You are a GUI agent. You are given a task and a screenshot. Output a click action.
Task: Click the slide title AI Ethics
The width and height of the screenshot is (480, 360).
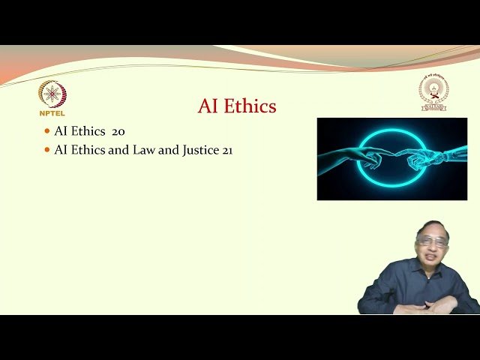[237, 106]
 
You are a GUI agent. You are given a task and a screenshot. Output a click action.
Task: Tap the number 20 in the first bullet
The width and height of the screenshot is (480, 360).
[118, 131]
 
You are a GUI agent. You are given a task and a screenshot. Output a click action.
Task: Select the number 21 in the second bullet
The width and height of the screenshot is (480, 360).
[227, 150]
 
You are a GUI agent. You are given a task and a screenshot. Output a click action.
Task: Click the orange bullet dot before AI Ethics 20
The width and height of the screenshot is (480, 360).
[47, 131]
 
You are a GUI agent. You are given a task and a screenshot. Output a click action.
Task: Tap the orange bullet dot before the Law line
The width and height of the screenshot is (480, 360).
[47, 150]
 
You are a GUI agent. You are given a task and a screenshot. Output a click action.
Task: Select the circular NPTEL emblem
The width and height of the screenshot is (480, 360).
[52, 94]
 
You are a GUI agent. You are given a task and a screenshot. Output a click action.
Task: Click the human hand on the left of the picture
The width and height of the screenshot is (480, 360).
[352, 157]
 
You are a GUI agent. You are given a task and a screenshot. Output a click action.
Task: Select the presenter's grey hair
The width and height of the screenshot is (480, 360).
[433, 227]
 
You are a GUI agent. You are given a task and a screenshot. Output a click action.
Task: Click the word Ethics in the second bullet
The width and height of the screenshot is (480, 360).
[88, 150]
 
